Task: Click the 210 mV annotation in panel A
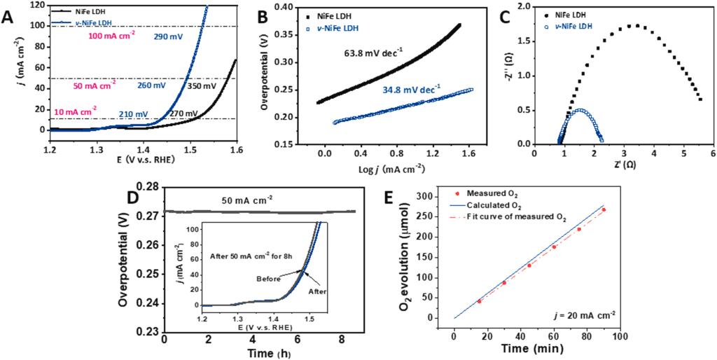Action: click(133, 114)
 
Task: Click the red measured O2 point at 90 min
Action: click(604, 209)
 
